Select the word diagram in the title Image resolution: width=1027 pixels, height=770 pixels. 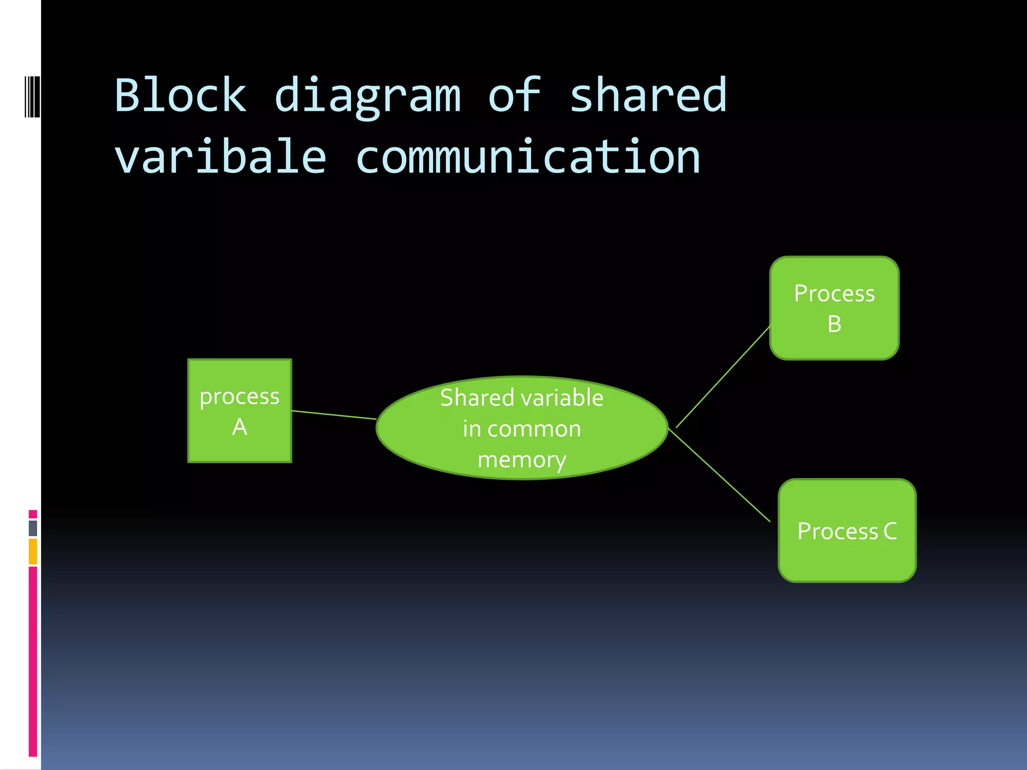point(368,97)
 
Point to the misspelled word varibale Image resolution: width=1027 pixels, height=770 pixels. point(221,157)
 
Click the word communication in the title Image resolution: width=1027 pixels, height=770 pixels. point(528,157)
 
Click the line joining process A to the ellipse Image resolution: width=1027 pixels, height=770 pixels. point(334,415)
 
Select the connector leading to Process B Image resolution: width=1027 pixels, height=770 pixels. point(723,377)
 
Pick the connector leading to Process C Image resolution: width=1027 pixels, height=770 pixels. point(720,475)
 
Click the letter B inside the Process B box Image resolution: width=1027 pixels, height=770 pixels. point(834,324)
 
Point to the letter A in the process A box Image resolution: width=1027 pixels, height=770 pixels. point(240,427)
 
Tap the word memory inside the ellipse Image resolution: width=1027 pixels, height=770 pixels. point(522,460)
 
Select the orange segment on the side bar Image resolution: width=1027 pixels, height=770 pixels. point(33,551)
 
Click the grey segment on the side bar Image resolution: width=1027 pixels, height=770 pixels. point(33,528)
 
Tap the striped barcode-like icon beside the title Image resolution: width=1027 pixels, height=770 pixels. point(32,96)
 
